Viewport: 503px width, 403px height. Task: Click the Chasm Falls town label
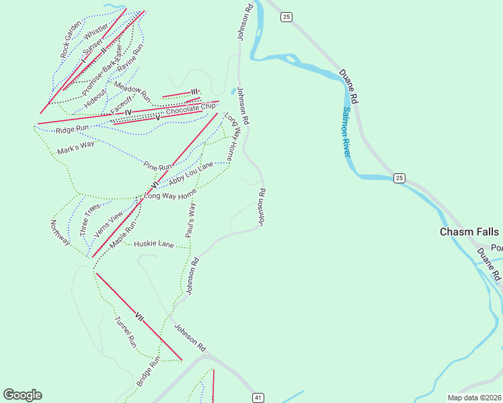(x=469, y=232)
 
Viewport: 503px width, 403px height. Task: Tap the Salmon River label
(x=347, y=132)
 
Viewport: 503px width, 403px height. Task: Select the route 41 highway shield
(x=258, y=398)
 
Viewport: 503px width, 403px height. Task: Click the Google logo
(x=22, y=395)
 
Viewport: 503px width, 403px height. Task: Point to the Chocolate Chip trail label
(x=191, y=107)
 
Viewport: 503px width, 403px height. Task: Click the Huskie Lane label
(x=154, y=244)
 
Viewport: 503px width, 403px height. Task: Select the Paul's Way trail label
(x=191, y=220)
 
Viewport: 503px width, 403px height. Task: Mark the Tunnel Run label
(x=125, y=331)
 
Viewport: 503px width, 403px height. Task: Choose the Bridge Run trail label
(x=149, y=371)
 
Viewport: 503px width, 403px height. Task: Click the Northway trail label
(x=60, y=232)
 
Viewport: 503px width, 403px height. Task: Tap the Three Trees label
(x=85, y=218)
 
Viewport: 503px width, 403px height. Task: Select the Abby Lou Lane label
(x=191, y=173)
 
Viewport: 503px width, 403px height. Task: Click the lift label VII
(x=139, y=315)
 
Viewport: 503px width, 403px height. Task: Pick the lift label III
(x=194, y=92)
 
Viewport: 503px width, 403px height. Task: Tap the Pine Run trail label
(x=158, y=165)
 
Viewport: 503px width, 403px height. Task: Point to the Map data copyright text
(x=474, y=397)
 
